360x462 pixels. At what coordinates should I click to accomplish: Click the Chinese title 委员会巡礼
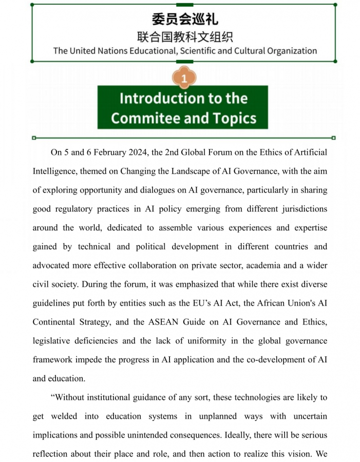click(x=185, y=20)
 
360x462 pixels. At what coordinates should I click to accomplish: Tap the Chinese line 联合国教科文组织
click(x=185, y=37)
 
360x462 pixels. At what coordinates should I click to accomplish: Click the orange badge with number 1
click(x=184, y=78)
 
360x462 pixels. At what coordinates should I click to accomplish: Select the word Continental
click(x=58, y=322)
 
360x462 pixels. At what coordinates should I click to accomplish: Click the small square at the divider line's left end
click(x=34, y=138)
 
